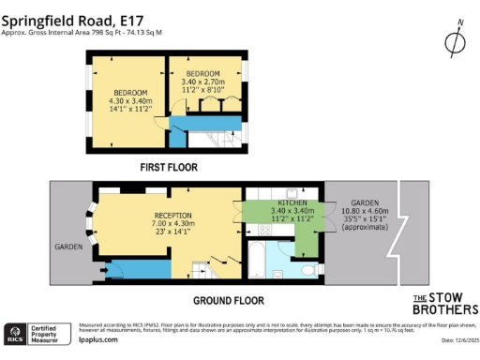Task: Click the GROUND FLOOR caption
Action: point(228,300)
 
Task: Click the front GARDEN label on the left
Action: point(67,247)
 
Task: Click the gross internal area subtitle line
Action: point(82,31)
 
